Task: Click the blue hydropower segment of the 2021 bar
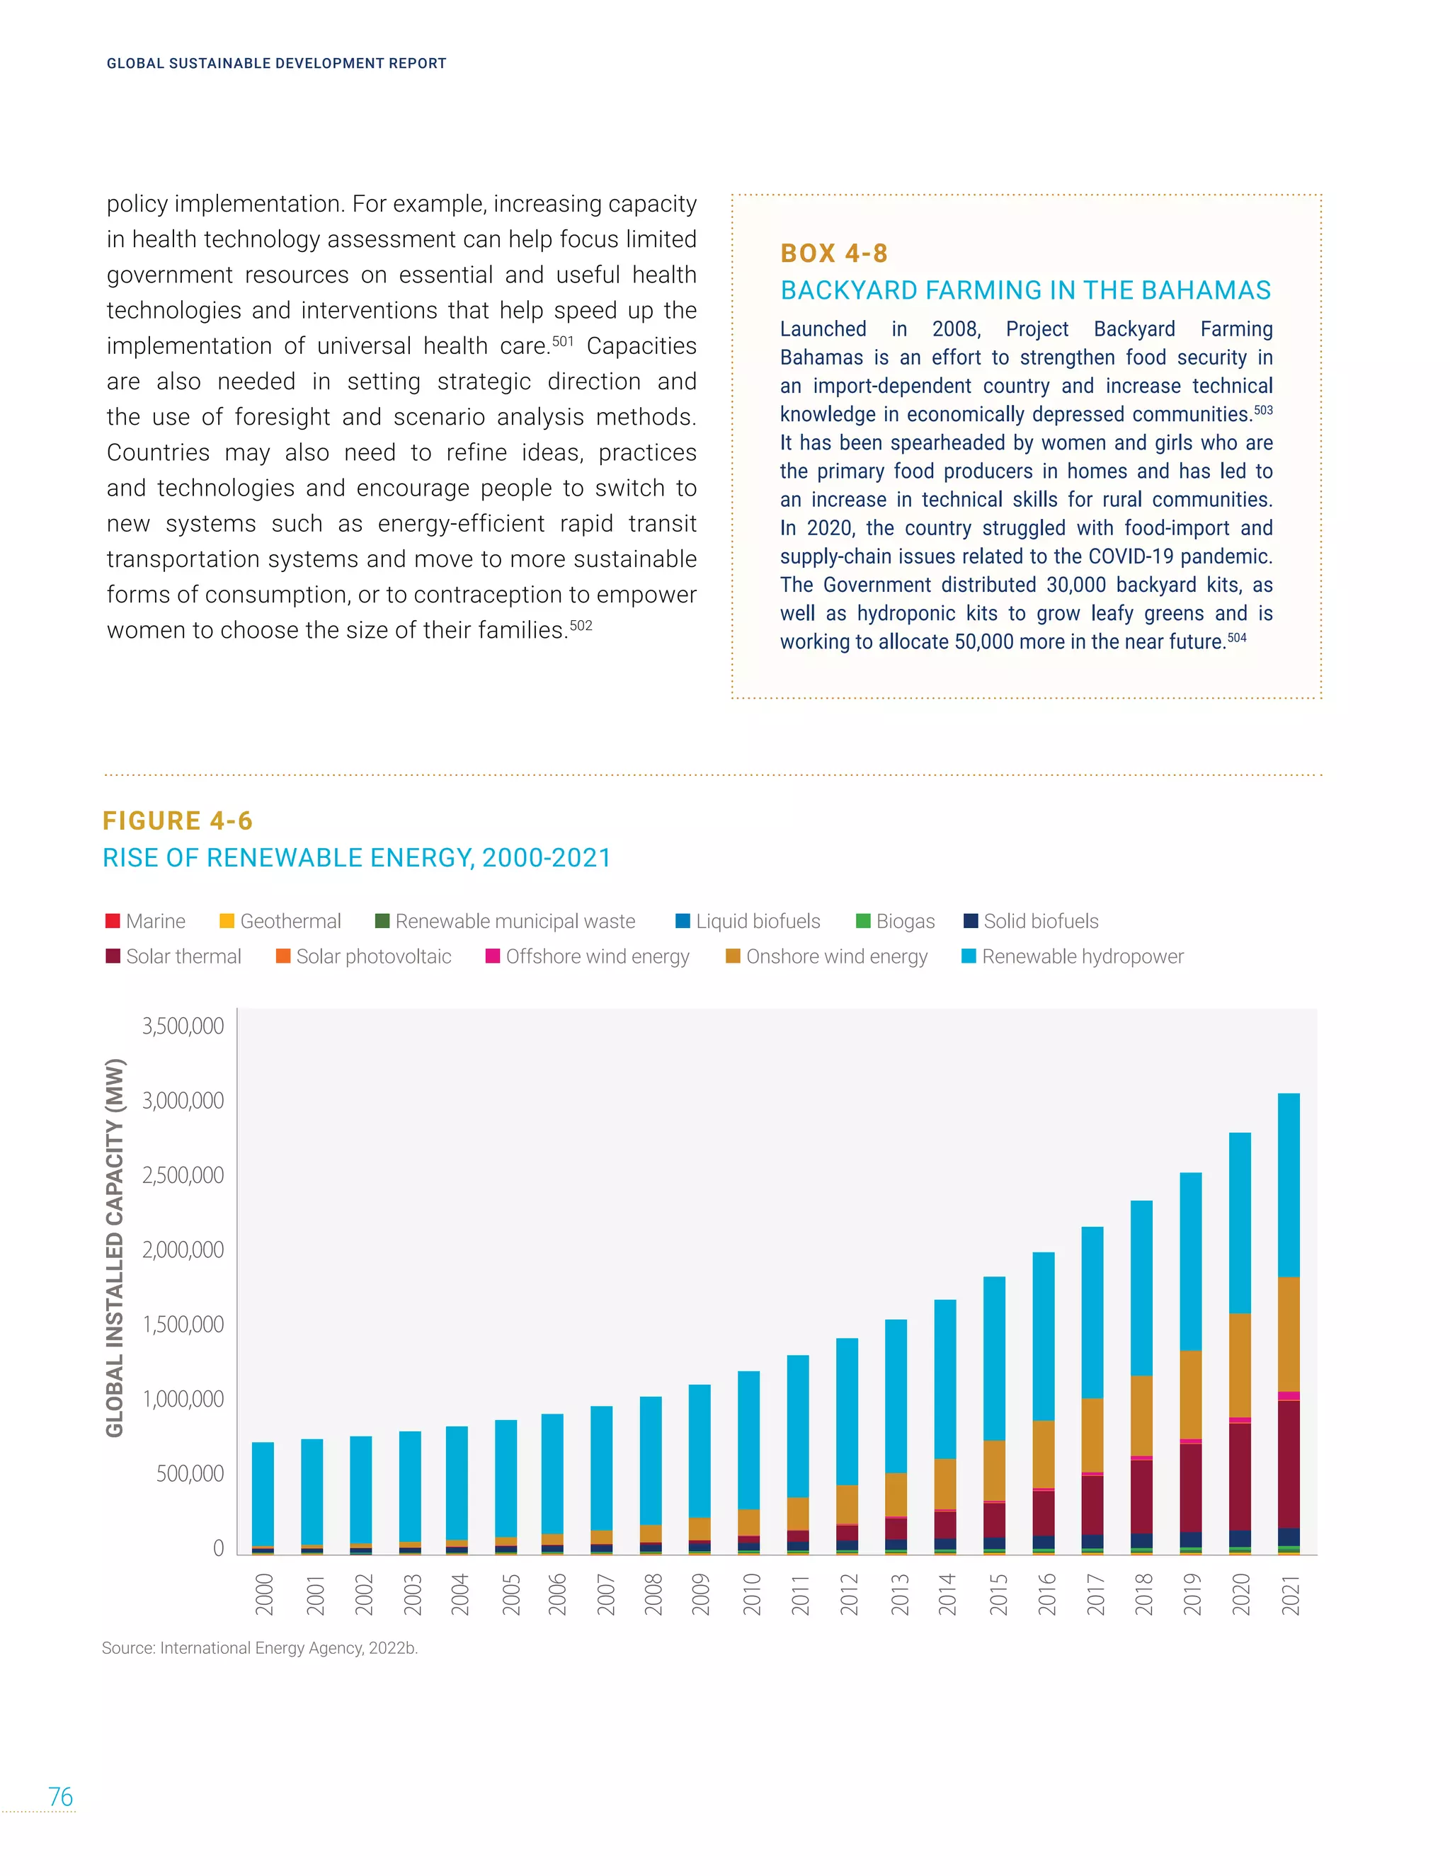click(1289, 1184)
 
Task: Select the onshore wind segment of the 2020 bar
click(1240, 1365)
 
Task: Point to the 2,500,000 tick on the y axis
click(182, 1174)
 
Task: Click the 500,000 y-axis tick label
click(189, 1473)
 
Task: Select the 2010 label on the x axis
click(752, 1594)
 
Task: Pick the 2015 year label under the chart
click(998, 1594)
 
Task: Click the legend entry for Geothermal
click(281, 921)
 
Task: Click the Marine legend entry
click(146, 921)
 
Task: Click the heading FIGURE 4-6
click(178, 820)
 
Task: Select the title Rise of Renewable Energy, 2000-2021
click(357, 857)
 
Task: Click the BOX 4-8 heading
click(833, 253)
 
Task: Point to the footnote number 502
click(581, 625)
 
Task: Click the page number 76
click(60, 1796)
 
